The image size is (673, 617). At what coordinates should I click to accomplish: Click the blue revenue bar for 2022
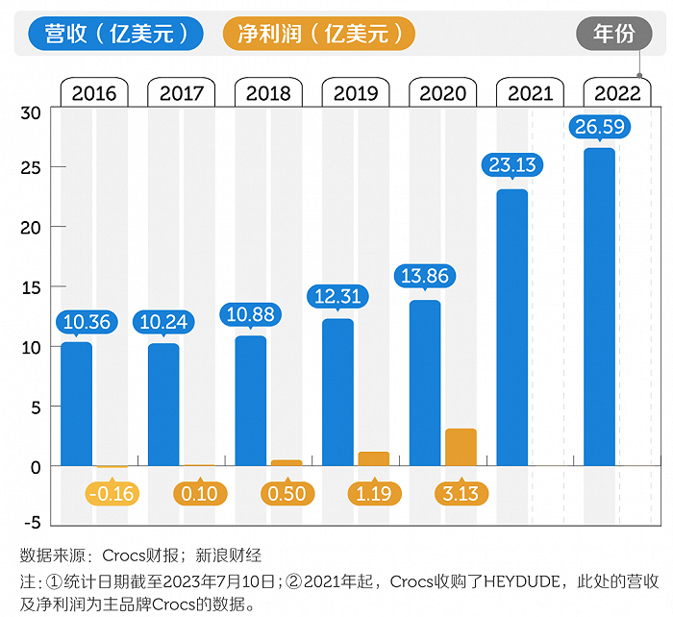click(x=600, y=308)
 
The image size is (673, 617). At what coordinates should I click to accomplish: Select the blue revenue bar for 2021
click(x=512, y=327)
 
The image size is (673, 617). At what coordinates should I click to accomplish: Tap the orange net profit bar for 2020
click(x=461, y=447)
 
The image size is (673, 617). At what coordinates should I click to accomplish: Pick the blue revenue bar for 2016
click(x=77, y=404)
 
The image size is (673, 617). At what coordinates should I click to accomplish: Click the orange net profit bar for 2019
click(x=373, y=458)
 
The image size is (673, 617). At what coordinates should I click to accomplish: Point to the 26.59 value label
click(x=600, y=127)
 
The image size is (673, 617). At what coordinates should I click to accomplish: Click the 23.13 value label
click(x=512, y=164)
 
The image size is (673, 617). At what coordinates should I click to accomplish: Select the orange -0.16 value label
click(x=112, y=494)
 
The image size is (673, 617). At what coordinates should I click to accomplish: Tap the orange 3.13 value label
click(x=461, y=494)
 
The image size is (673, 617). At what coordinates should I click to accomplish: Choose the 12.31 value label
click(x=337, y=296)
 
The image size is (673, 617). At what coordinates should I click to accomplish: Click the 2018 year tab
click(x=268, y=93)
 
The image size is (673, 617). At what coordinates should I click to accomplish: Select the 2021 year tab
click(x=530, y=93)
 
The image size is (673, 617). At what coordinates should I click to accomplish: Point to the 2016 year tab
click(x=94, y=93)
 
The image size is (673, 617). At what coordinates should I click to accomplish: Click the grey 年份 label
click(x=613, y=34)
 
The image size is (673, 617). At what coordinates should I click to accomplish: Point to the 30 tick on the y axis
click(x=32, y=112)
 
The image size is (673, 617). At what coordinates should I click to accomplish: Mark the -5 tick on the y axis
click(x=32, y=523)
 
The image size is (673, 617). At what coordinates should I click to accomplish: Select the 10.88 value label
click(x=251, y=313)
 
